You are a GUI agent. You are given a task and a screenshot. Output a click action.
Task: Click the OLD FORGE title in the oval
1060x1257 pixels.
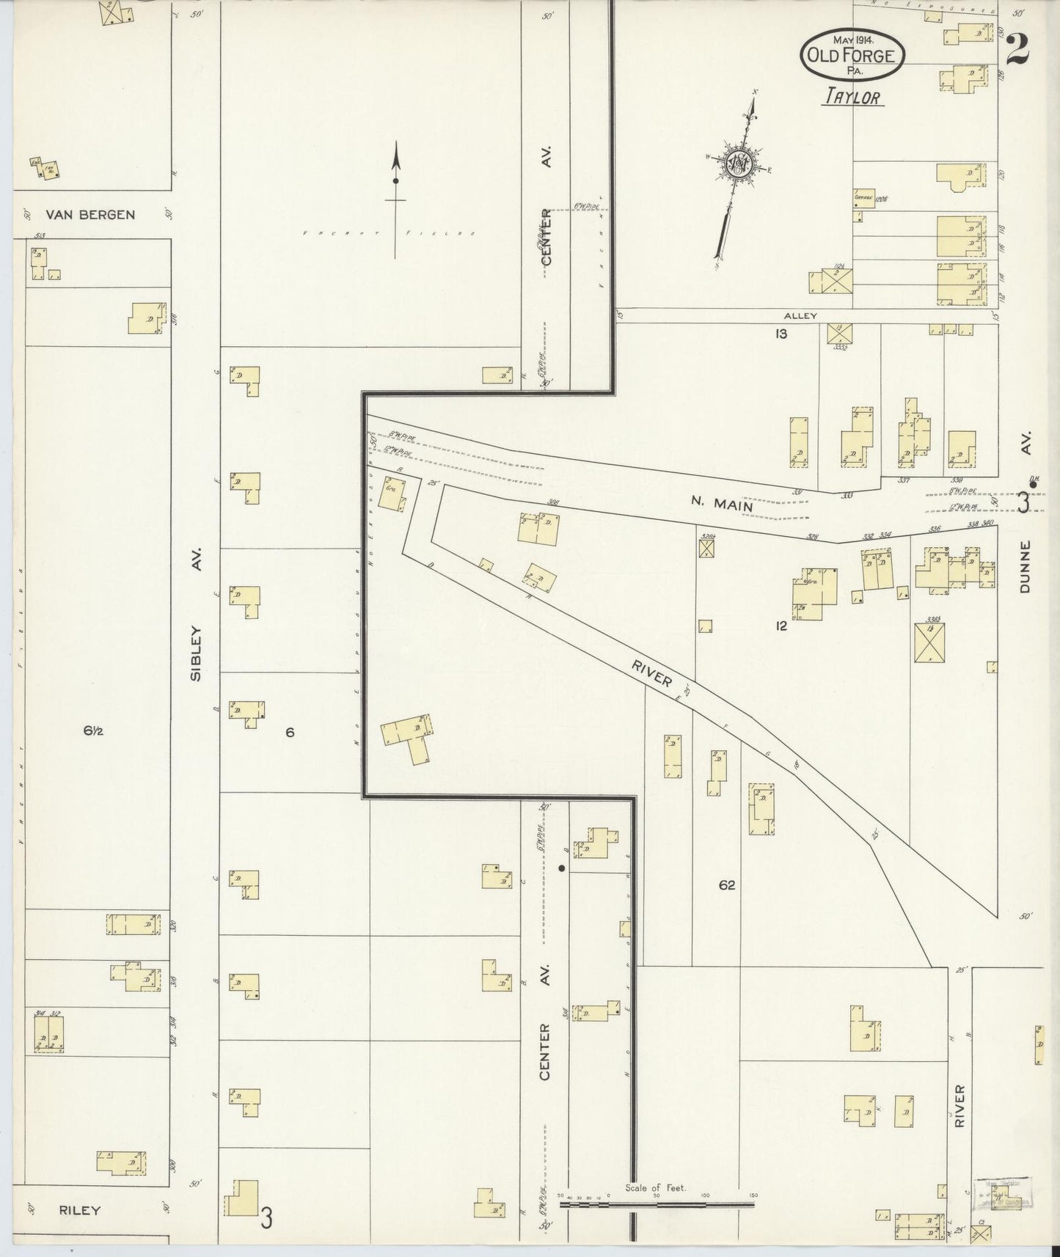click(x=852, y=54)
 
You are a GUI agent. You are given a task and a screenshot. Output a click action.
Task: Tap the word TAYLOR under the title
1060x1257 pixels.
click(x=854, y=97)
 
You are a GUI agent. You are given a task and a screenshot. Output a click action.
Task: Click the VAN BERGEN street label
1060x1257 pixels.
click(x=90, y=215)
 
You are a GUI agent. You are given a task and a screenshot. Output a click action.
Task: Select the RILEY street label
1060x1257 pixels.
click(x=81, y=1210)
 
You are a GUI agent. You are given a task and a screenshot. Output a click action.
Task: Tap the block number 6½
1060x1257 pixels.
click(x=93, y=730)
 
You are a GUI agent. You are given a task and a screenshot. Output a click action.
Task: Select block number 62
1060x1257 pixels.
click(x=726, y=885)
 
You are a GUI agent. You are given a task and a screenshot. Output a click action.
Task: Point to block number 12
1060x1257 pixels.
click(x=781, y=626)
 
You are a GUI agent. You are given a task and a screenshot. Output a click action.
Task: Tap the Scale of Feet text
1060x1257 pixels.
click(x=655, y=1187)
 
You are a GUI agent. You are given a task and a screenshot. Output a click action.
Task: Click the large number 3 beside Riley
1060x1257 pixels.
click(x=267, y=1218)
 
